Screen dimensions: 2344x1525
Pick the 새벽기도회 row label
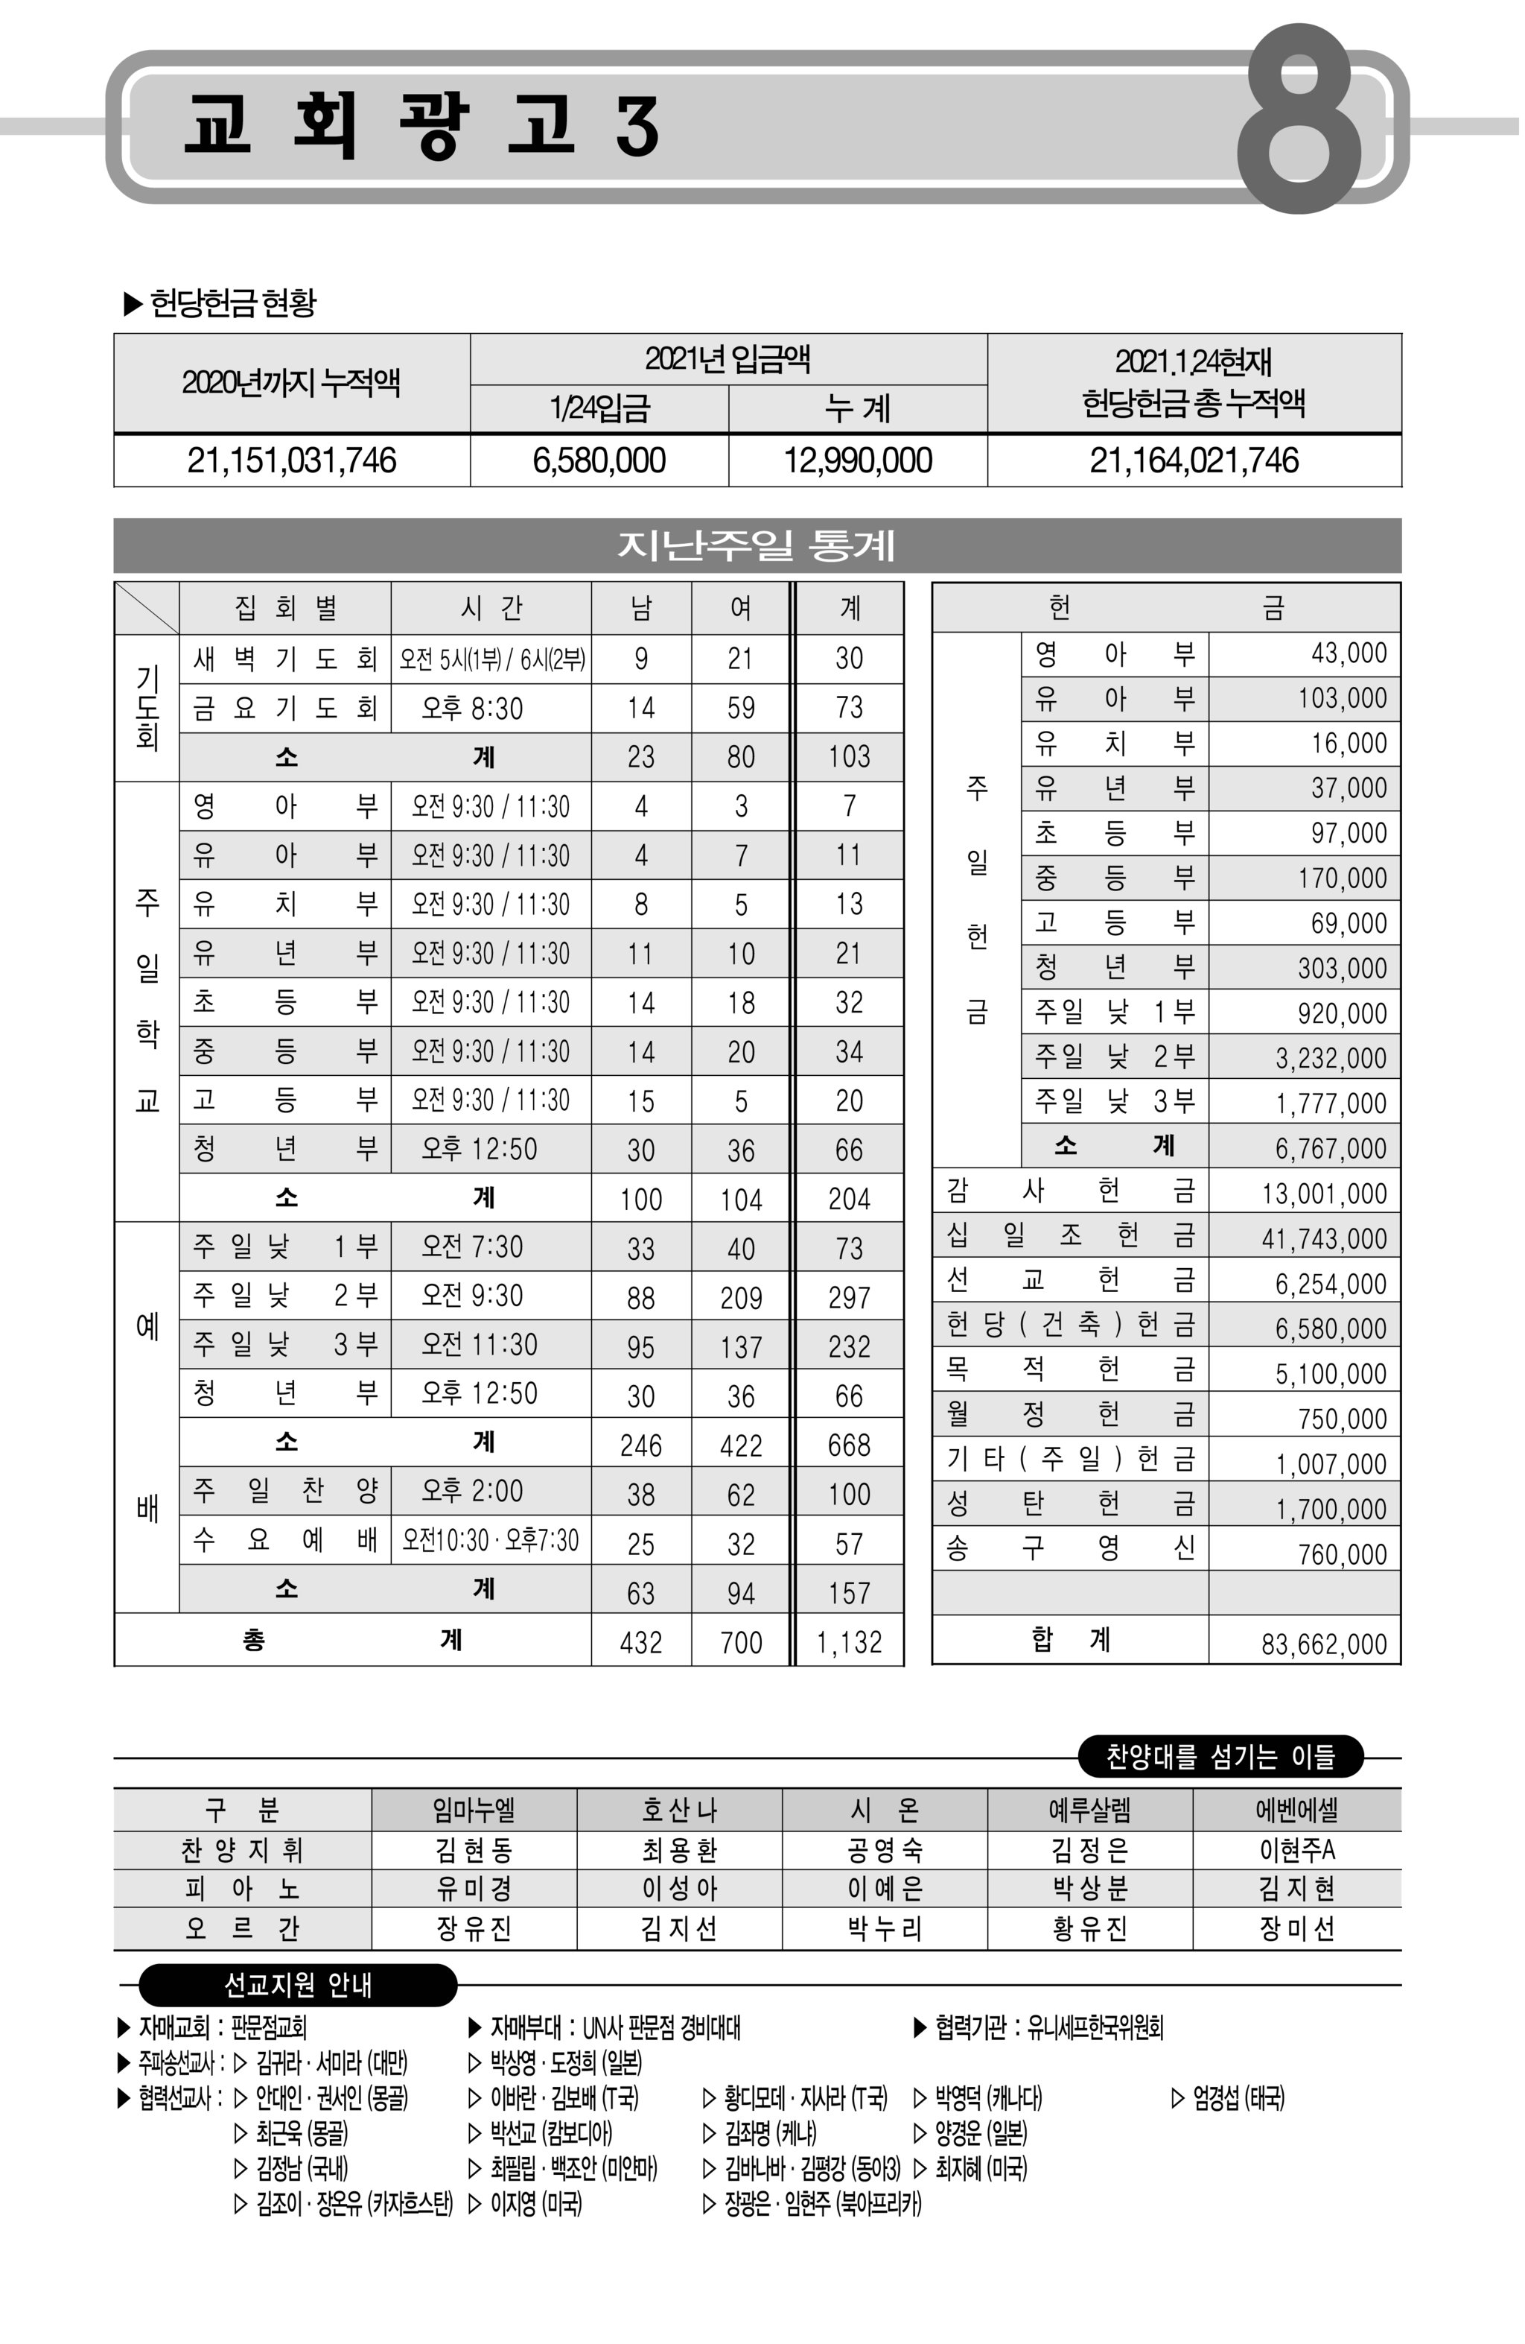point(284,659)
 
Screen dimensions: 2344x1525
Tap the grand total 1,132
point(849,1642)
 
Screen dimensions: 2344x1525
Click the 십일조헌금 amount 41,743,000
point(1323,1238)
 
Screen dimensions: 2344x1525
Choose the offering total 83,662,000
point(1323,1644)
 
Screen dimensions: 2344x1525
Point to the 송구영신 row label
point(1069,1549)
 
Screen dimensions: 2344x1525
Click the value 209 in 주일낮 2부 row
point(740,1297)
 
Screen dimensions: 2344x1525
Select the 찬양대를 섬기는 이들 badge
point(1220,1756)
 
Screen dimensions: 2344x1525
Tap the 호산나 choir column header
point(679,1809)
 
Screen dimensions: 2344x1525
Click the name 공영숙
point(884,1849)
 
